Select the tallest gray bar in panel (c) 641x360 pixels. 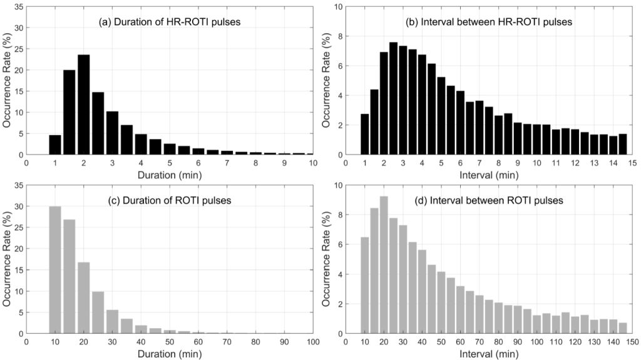point(55,270)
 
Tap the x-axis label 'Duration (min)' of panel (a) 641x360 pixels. point(170,175)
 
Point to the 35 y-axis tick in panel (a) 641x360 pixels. point(18,7)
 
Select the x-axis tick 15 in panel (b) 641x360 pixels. point(633,163)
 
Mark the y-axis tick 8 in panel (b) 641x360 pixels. point(339,36)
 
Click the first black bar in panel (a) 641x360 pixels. point(55,145)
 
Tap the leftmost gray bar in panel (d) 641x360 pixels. point(365,285)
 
